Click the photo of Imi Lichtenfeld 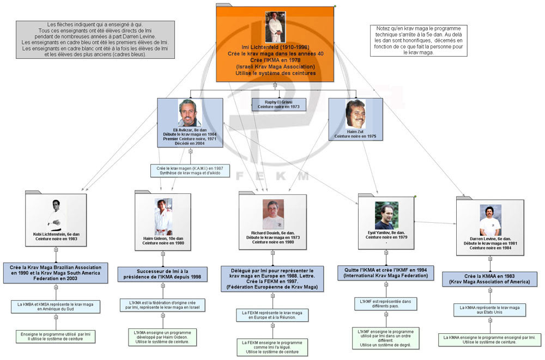[275, 27]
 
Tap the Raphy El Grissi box [278, 105]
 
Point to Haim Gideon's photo [163, 216]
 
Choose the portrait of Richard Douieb [273, 214]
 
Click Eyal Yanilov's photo [386, 216]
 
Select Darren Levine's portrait [490, 219]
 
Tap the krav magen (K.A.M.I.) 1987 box [190, 170]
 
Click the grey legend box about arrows [95, 39]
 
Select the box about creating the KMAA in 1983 [489, 279]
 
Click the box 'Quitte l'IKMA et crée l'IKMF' [386, 272]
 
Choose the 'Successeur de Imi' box [162, 274]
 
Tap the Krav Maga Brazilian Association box [55, 273]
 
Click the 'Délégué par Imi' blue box [272, 278]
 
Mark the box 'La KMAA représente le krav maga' [489, 310]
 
